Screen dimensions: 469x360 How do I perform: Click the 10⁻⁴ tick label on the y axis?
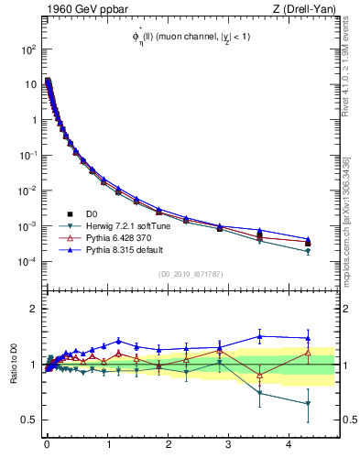click(x=28, y=262)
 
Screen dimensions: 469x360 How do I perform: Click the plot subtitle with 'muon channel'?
click(x=190, y=36)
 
